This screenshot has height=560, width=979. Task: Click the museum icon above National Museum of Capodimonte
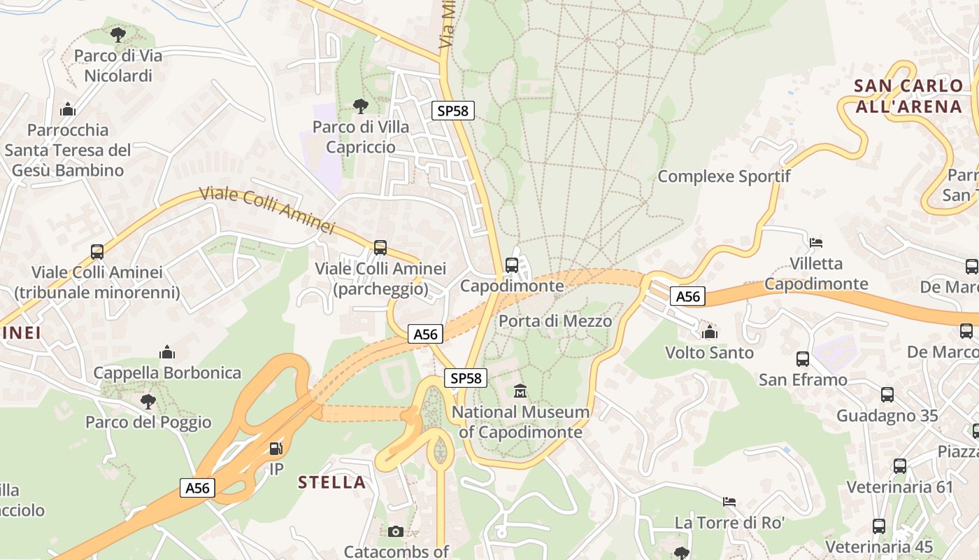pyautogui.click(x=520, y=391)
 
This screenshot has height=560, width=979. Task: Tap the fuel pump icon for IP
pyautogui.click(x=276, y=448)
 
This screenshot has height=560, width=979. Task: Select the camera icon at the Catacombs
pyautogui.click(x=396, y=531)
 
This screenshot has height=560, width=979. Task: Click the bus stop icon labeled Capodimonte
pyautogui.click(x=512, y=265)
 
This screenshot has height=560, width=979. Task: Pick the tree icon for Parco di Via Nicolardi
pyautogui.click(x=118, y=34)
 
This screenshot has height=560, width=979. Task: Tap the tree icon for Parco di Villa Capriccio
pyautogui.click(x=361, y=106)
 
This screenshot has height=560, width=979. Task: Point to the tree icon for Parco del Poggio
pyautogui.click(x=148, y=401)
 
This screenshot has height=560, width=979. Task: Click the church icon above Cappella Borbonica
pyautogui.click(x=167, y=351)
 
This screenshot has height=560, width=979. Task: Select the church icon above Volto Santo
pyautogui.click(x=710, y=332)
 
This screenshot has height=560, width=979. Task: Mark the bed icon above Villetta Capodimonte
pyautogui.click(x=815, y=243)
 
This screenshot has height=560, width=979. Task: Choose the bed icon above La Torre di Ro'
pyautogui.click(x=729, y=501)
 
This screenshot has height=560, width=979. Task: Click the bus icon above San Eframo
pyautogui.click(x=803, y=359)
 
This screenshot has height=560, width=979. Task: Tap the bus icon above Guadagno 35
pyautogui.click(x=887, y=395)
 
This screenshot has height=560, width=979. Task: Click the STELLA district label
pyautogui.click(x=332, y=482)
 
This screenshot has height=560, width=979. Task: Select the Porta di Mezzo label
pyautogui.click(x=555, y=321)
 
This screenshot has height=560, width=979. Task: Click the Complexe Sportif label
pyautogui.click(x=724, y=176)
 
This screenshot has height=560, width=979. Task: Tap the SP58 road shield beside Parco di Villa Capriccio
pyautogui.click(x=453, y=111)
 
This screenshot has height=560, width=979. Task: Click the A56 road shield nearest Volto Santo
pyautogui.click(x=688, y=297)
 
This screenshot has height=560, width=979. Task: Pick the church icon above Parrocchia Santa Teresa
pyautogui.click(x=68, y=109)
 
